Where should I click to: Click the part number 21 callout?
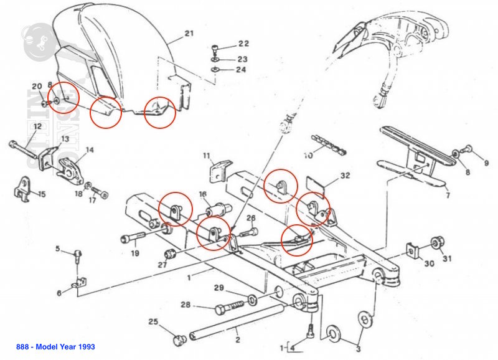pos(190,33)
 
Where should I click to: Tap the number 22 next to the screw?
pos(243,44)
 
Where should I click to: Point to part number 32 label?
pos(345,176)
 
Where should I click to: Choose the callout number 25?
pos(153,321)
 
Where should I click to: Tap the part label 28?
pos(185,305)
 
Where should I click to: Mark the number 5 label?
pos(58,249)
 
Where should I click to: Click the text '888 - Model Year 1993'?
pos(56,346)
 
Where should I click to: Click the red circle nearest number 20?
pos(64,98)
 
